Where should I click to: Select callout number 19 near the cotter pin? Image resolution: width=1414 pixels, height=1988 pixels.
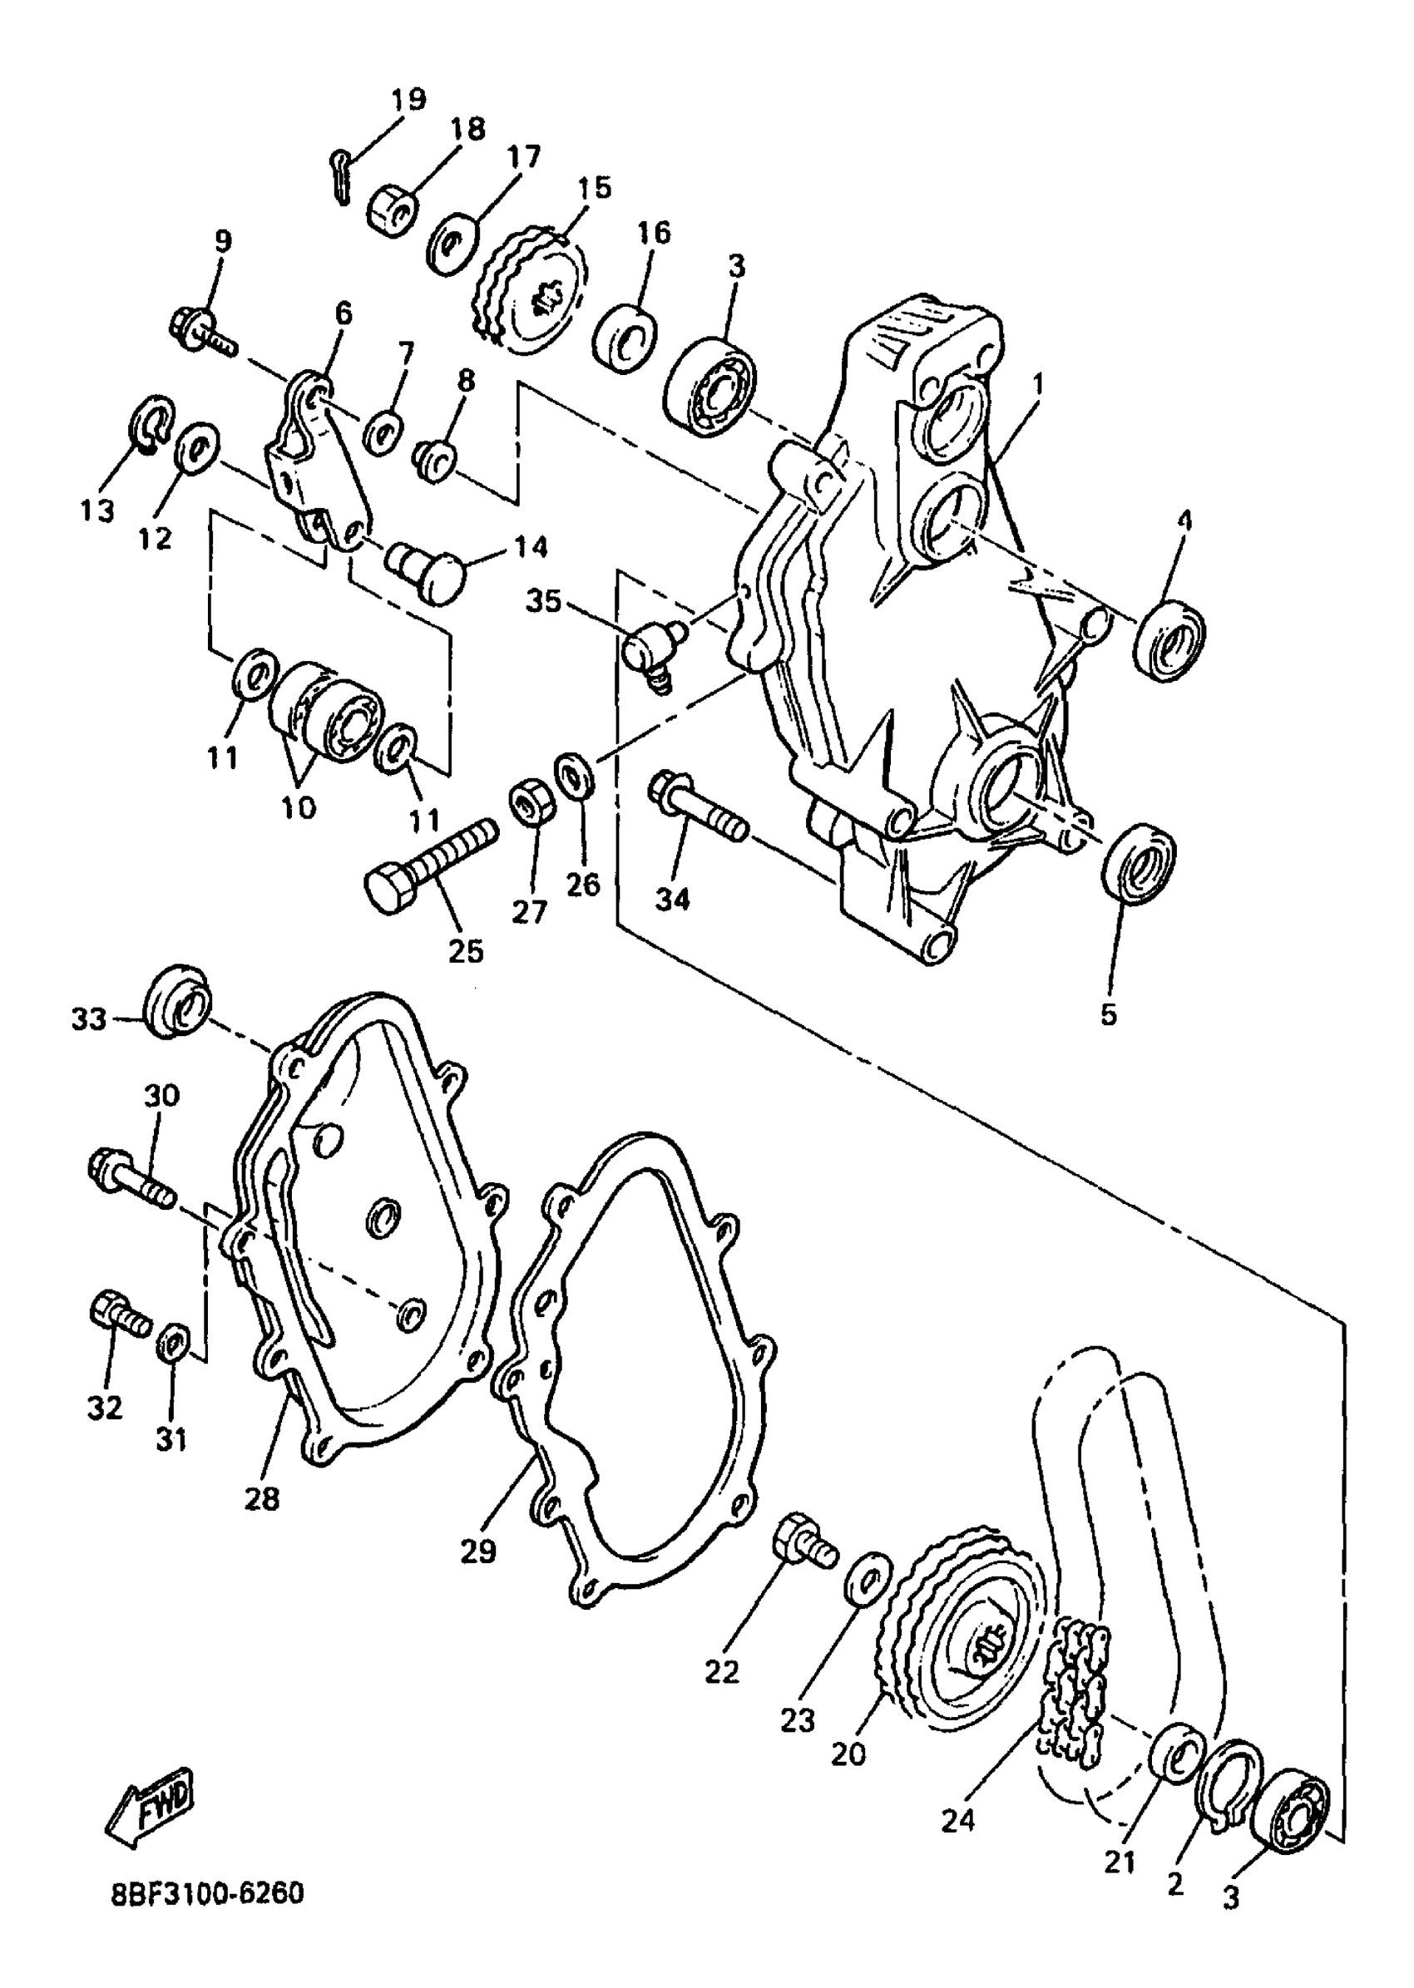click(408, 99)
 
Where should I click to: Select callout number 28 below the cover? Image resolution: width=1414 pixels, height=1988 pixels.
click(262, 1499)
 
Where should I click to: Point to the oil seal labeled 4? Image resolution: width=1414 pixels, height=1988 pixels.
click(1171, 639)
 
